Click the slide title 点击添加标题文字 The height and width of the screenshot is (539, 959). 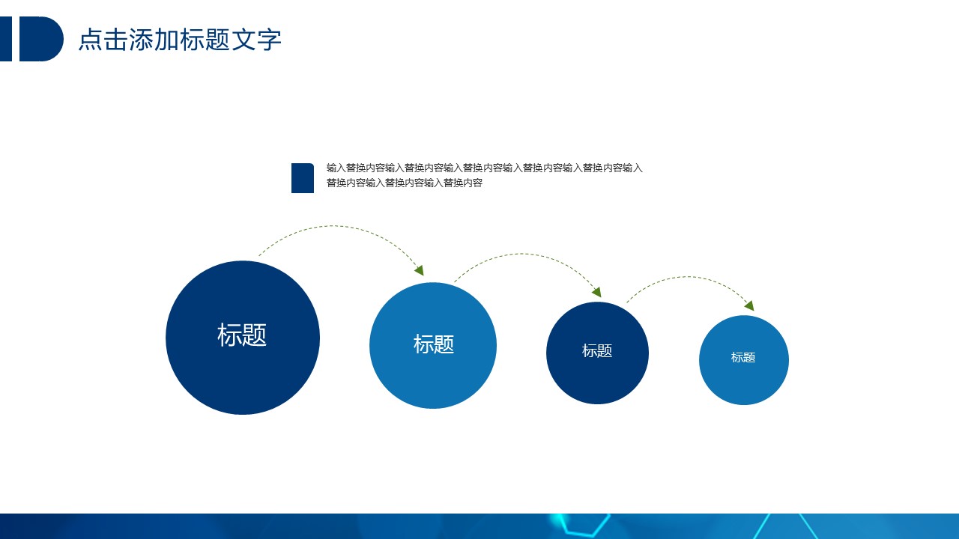point(180,40)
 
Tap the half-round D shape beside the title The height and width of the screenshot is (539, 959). point(41,39)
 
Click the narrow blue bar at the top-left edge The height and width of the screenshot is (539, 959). point(6,39)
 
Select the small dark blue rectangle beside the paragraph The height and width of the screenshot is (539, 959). point(303,178)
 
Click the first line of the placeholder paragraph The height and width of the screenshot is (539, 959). point(484,168)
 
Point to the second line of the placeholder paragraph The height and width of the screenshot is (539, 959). point(404,183)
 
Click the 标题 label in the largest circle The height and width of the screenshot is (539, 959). point(242,335)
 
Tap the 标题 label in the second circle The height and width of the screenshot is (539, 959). point(433,344)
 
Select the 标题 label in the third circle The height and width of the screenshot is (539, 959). point(597,351)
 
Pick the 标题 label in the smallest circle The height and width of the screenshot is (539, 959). point(743,357)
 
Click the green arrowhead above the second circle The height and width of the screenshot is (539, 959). point(420,270)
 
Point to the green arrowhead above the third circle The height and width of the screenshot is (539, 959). point(597,292)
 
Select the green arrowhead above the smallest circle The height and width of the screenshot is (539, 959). point(750,305)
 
